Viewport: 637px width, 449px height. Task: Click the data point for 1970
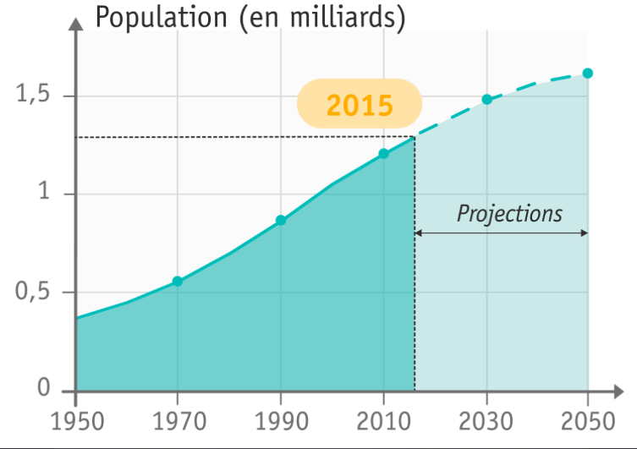[178, 282]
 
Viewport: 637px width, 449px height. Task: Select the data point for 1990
[281, 221]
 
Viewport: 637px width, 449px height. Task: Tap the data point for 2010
[383, 154]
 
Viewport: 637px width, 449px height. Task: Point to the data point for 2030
[486, 100]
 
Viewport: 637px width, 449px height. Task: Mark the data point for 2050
[588, 74]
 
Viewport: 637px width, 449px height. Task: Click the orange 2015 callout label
[360, 104]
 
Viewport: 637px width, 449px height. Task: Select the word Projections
[509, 213]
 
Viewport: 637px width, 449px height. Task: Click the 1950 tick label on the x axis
[75, 420]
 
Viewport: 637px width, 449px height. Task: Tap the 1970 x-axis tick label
[178, 420]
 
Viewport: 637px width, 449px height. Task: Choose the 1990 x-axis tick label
[281, 420]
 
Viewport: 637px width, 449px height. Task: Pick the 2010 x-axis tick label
[383, 420]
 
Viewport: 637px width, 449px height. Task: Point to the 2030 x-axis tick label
[486, 420]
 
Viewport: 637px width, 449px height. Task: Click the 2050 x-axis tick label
[588, 420]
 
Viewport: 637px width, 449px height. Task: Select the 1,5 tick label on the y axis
[34, 95]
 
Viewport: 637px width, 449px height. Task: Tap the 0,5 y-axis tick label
[34, 293]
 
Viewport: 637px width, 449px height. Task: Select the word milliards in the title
[343, 17]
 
